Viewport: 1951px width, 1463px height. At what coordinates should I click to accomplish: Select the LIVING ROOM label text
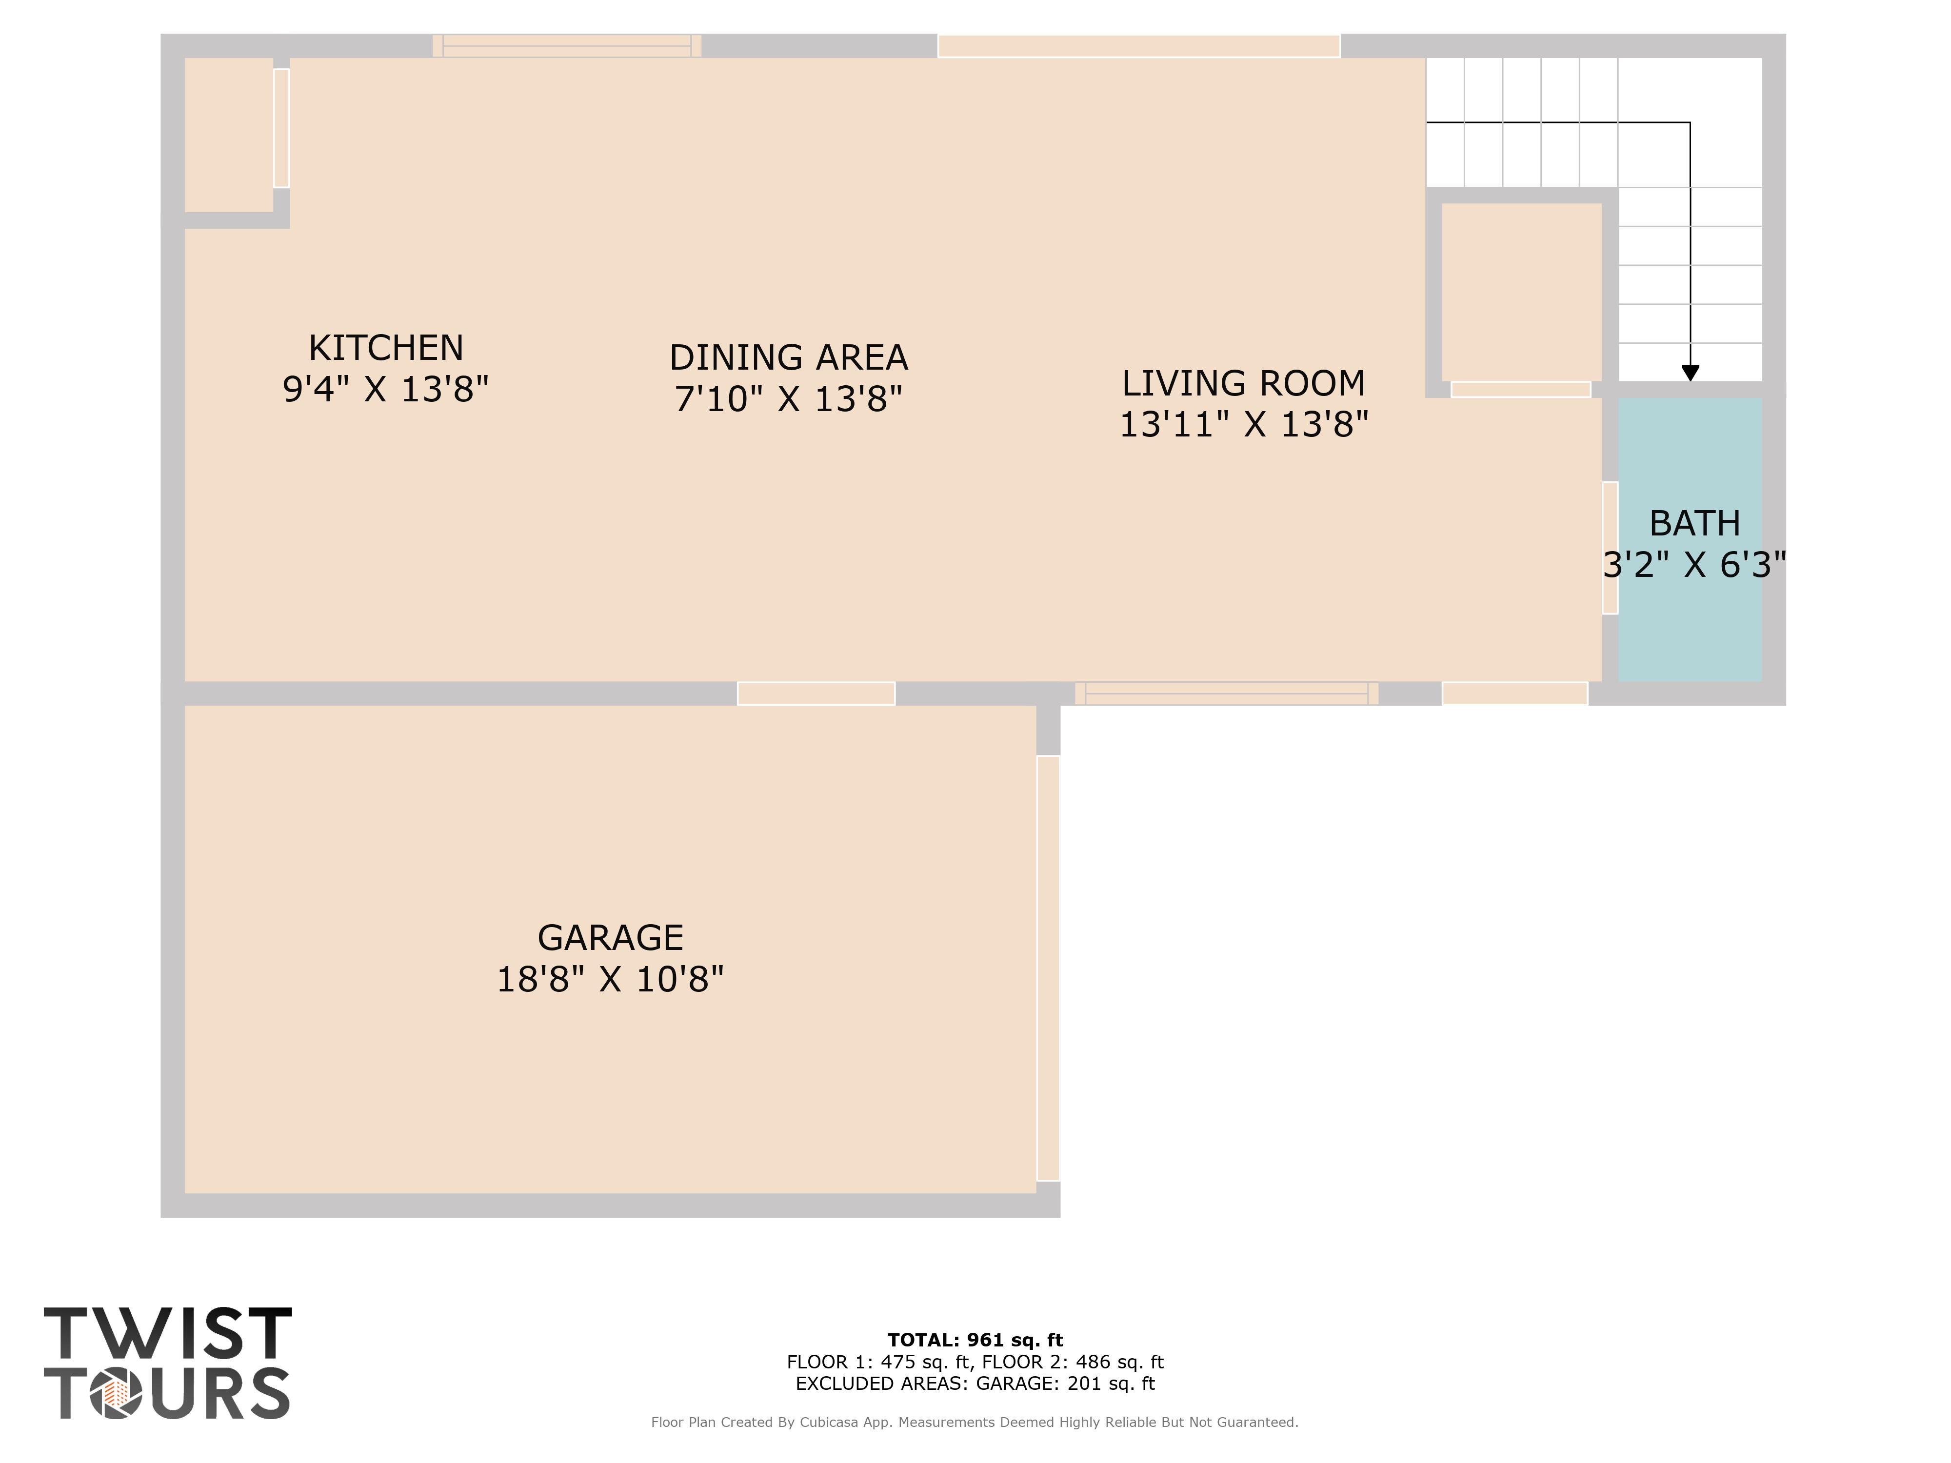(x=1244, y=384)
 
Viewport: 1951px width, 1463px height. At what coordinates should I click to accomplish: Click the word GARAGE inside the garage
(x=610, y=937)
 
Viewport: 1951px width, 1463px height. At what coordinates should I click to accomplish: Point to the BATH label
(x=1694, y=524)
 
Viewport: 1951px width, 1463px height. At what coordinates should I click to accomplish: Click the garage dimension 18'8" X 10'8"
(x=610, y=979)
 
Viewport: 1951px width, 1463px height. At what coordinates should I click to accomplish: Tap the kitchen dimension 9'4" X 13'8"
(x=385, y=389)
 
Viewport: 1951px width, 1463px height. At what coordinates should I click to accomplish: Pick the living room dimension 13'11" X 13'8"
(x=1244, y=424)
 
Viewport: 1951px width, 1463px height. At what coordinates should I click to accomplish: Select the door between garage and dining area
(x=816, y=694)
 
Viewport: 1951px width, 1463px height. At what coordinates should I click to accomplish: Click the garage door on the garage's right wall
(x=1048, y=968)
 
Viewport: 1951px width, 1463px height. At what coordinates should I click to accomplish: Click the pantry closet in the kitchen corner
(x=228, y=135)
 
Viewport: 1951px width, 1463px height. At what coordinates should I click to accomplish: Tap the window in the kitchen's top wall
(x=567, y=46)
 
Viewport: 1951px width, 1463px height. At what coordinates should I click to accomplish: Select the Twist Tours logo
(x=168, y=1363)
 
